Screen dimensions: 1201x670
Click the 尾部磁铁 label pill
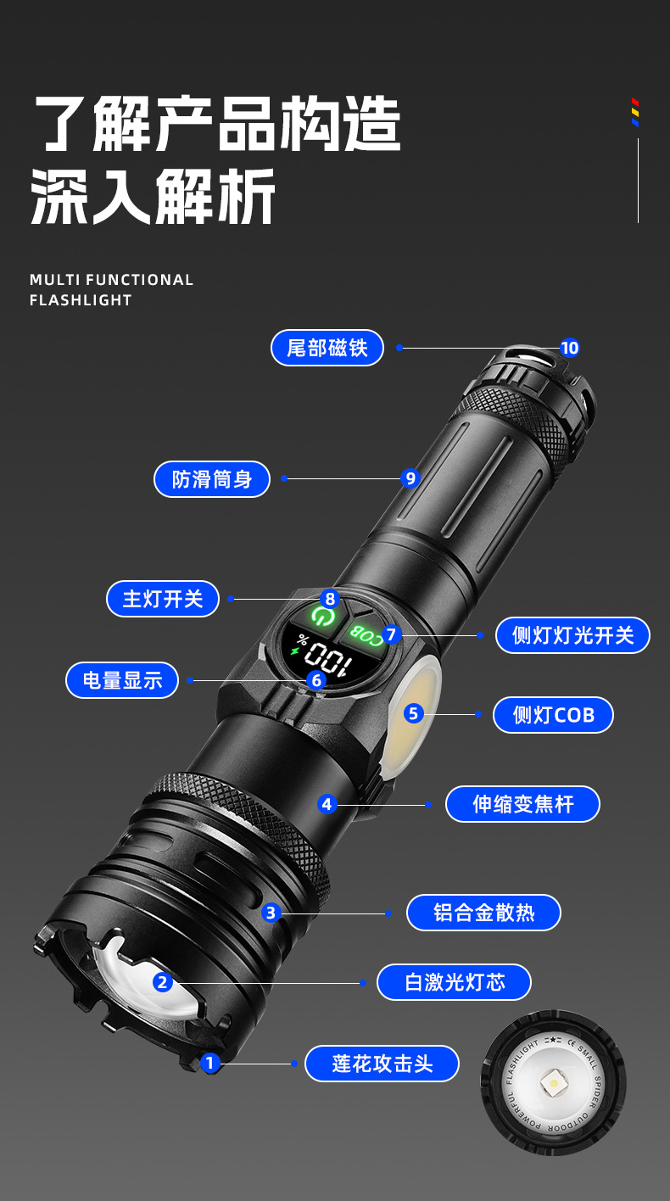point(327,348)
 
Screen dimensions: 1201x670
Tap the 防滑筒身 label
point(212,479)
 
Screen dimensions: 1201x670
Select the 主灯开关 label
point(163,599)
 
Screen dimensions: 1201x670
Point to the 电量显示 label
point(122,680)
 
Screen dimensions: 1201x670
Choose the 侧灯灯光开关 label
point(572,635)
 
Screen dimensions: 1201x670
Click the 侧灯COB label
point(553,715)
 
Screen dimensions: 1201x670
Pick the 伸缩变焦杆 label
point(522,804)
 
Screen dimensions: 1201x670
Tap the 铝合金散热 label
point(483,913)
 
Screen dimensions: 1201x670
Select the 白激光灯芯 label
point(455,982)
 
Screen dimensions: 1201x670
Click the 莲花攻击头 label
point(382,1064)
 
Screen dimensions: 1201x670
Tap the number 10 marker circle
point(569,348)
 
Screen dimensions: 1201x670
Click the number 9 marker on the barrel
point(411,478)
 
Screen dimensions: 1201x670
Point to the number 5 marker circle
point(413,713)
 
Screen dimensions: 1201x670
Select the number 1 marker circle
point(211,1062)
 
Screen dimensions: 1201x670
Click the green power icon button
point(321,616)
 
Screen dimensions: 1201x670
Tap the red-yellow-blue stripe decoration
point(635,112)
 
